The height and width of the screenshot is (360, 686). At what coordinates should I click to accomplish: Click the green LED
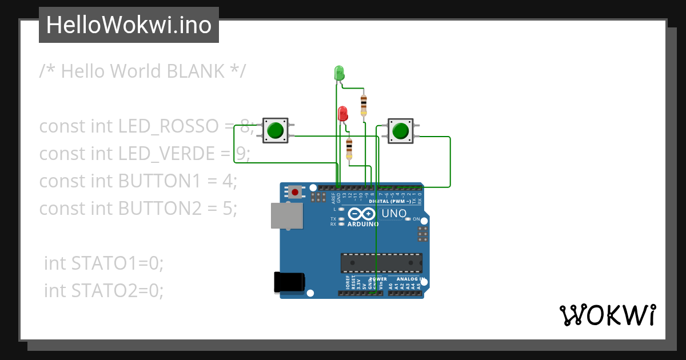point(338,73)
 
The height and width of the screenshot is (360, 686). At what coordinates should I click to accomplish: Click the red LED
point(342,113)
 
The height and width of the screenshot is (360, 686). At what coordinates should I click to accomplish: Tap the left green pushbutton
point(276,130)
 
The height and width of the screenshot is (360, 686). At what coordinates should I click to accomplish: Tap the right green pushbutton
point(401,131)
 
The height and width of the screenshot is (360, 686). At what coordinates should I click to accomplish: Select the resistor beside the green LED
point(364,105)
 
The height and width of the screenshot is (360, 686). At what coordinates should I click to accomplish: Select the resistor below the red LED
point(349,148)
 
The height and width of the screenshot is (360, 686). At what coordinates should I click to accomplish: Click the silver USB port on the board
point(287,216)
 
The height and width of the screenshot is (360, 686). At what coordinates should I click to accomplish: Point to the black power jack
point(290,282)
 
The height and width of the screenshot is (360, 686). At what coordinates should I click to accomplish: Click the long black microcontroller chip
point(381,263)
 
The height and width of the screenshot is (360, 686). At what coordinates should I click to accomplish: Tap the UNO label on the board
point(394,214)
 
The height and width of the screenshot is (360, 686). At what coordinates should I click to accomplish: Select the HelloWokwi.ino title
point(129,25)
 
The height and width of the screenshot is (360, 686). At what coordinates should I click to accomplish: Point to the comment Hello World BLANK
point(143,71)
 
